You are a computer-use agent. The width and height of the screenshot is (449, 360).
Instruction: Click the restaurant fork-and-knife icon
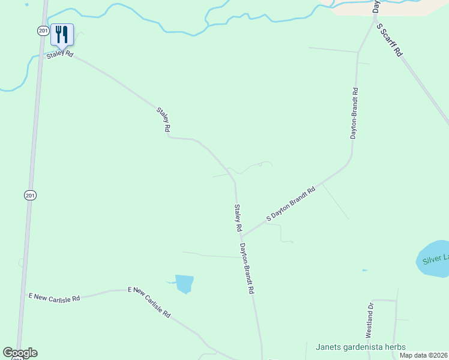62,34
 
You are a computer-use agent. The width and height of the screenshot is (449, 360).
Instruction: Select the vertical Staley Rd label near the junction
238,218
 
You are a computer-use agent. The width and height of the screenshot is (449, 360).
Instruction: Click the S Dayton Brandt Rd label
291,205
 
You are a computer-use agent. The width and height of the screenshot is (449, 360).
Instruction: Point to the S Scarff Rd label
389,40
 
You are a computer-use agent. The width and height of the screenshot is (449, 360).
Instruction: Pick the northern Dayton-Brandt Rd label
355,114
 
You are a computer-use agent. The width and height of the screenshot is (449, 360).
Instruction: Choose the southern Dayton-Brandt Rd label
247,268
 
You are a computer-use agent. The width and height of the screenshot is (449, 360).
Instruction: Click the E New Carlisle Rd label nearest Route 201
54,297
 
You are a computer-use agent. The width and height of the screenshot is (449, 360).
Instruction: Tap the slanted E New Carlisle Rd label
149,302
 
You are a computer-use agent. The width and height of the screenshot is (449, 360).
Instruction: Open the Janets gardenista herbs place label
361,347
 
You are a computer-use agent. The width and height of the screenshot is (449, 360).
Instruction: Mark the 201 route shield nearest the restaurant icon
42,31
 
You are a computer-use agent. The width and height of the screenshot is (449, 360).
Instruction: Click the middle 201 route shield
30,195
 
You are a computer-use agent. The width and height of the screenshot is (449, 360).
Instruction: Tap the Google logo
20,353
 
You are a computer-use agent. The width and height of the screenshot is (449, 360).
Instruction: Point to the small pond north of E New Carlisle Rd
185,283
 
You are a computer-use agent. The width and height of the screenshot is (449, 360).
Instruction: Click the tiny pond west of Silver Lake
364,271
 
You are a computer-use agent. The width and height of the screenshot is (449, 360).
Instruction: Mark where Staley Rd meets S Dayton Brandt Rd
243,236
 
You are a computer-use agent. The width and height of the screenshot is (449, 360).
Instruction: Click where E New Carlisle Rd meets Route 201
22,300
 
